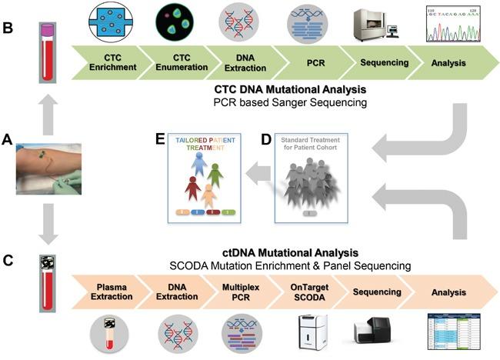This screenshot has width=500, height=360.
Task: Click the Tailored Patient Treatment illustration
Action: coord(203,178)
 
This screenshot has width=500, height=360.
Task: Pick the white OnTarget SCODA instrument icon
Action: coord(312,334)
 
